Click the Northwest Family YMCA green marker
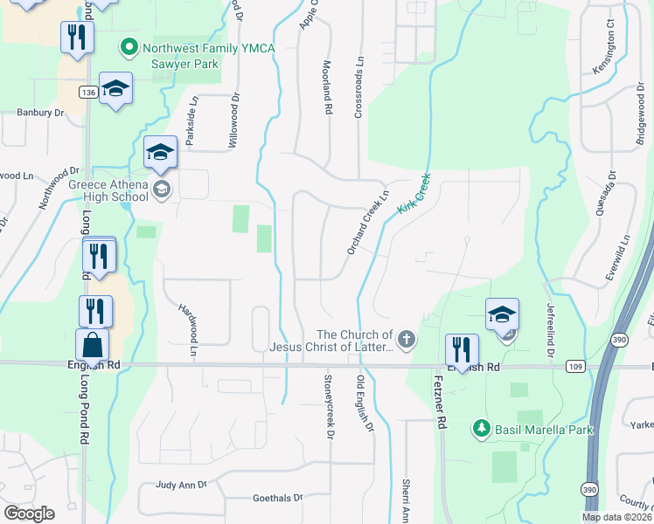pos(129,46)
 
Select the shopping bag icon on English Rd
pos(93,346)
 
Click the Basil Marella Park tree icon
pos(480,429)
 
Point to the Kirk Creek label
pos(414,193)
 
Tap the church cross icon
pos(406,339)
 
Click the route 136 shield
pos(87,92)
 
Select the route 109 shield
pos(574,367)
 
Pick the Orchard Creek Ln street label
pos(367,224)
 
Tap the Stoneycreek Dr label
pos(330,402)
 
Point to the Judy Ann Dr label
pos(181,484)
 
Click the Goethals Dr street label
pos(277,498)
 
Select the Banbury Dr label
pos(41,113)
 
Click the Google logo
pos(29,514)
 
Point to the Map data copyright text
pos(616,517)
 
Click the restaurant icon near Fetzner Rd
pos(460,349)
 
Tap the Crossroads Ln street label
pos(358,90)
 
